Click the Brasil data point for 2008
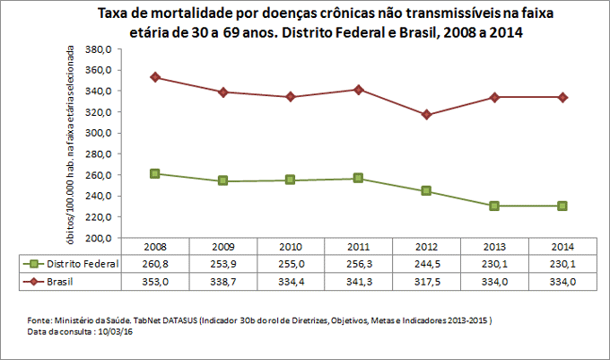click(155, 77)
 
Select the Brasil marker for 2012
click(426, 115)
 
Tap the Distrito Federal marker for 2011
click(358, 178)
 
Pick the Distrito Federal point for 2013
click(494, 206)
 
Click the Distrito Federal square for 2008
click(155, 173)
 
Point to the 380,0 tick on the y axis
click(97, 48)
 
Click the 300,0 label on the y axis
click(97, 133)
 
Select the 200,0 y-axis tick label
click(97, 238)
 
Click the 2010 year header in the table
click(290, 246)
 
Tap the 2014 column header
click(562, 246)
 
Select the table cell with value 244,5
click(426, 264)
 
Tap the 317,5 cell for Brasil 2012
click(426, 281)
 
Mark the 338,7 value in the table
click(222, 281)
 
